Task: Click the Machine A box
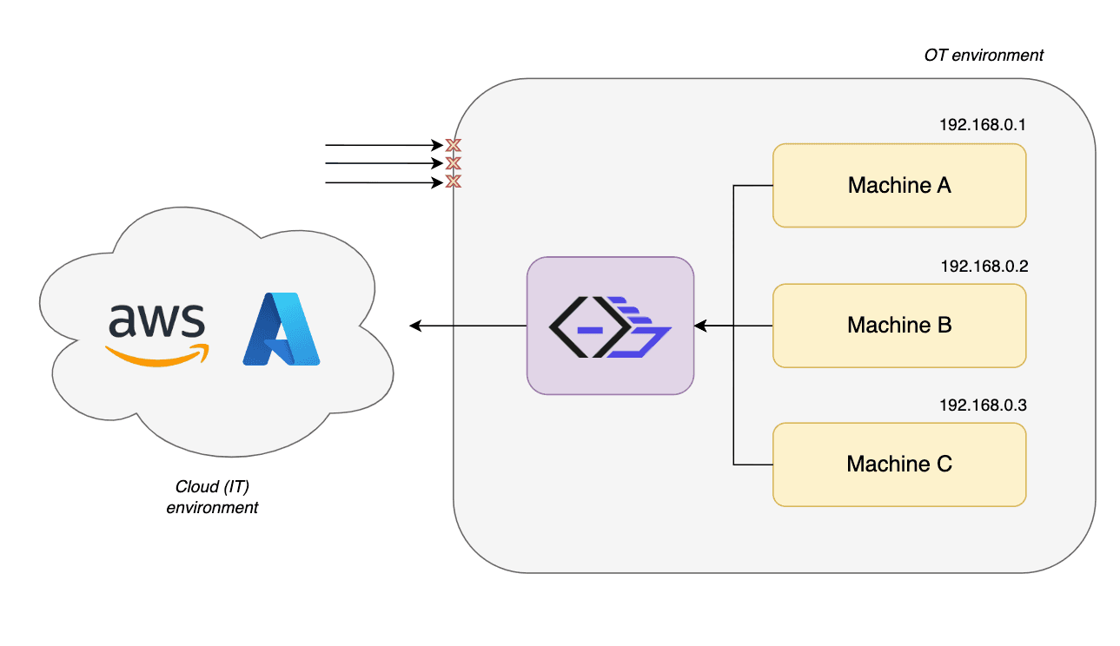899,185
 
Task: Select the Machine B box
899,326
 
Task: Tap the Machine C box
899,465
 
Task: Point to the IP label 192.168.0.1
982,124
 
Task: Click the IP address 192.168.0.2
984,266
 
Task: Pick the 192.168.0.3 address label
983,405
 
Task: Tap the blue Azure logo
281,329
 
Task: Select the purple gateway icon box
610,326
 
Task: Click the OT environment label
983,55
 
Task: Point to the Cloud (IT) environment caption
212,497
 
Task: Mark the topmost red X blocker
453,145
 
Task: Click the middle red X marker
453,163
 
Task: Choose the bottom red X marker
453,181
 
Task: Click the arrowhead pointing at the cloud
415,326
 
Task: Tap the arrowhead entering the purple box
700,326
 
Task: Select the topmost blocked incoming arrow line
384,145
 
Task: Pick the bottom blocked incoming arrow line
384,182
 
